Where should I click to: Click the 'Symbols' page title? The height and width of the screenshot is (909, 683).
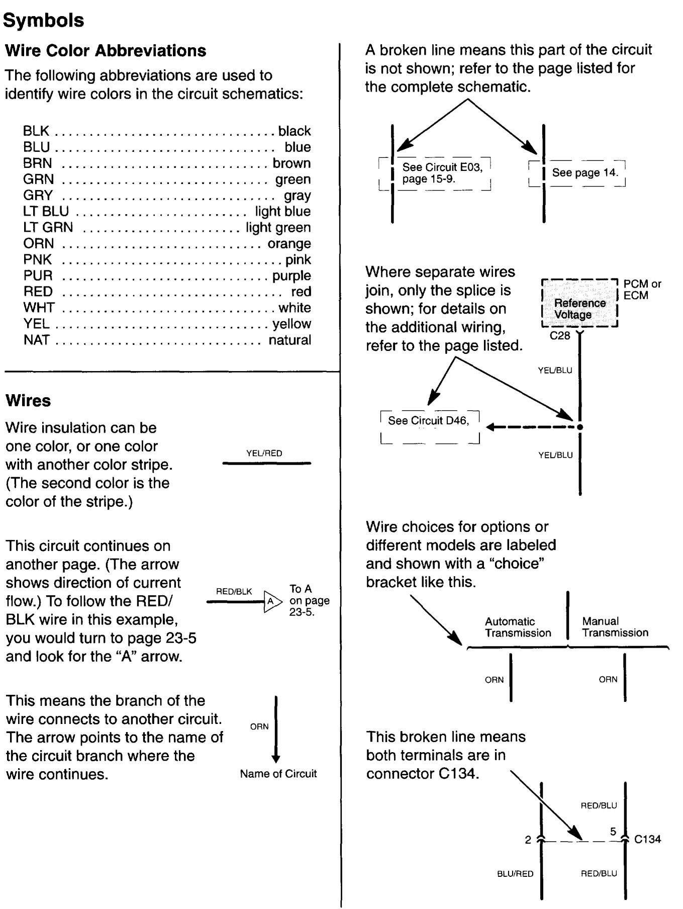pyautogui.click(x=44, y=21)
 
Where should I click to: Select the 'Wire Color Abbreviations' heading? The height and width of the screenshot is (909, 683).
pyautogui.click(x=106, y=51)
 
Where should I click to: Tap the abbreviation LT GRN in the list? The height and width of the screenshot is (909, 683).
pyautogui.click(x=48, y=227)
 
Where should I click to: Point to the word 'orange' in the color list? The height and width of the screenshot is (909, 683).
pyautogui.click(x=289, y=243)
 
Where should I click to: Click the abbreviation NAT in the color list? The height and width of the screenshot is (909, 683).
pyautogui.click(x=36, y=340)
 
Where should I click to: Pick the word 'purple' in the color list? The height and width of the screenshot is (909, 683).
pyautogui.click(x=291, y=276)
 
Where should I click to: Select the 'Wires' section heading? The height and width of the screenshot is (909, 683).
pyautogui.click(x=28, y=401)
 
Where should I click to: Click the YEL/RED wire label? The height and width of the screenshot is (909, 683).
pyautogui.click(x=264, y=453)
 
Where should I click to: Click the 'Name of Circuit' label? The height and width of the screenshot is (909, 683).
pyautogui.click(x=278, y=774)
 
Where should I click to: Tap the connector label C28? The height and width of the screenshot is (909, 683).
pyautogui.click(x=560, y=336)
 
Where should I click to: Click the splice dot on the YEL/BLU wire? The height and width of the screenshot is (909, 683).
pyautogui.click(x=580, y=427)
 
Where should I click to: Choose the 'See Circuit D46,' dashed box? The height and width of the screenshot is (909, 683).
pyautogui.click(x=430, y=426)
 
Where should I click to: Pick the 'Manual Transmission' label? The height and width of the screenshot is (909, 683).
pyautogui.click(x=615, y=627)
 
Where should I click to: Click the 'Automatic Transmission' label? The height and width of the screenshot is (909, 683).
pyautogui.click(x=518, y=627)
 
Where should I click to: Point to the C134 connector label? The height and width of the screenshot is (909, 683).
pyautogui.click(x=648, y=839)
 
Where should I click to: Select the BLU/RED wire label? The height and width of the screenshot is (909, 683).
pyautogui.click(x=515, y=874)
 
